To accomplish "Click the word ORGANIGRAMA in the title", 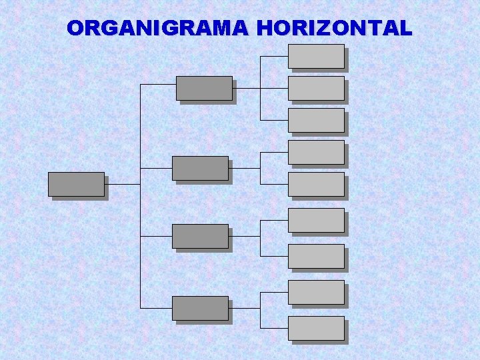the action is [x=158, y=29].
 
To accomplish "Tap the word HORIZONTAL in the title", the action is [x=334, y=29].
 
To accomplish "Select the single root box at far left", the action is [x=76, y=184].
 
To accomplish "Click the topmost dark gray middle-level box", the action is [x=204, y=88].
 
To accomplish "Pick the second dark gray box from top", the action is [x=200, y=168].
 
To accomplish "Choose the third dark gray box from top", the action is [x=200, y=236].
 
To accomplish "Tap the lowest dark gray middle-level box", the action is [x=200, y=308].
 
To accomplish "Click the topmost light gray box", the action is [x=316, y=56].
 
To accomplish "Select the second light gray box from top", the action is [x=316, y=88].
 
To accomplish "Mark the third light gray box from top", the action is [x=316, y=120].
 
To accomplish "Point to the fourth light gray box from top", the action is [x=316, y=152].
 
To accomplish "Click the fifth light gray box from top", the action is [x=316, y=184].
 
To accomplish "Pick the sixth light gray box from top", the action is [x=316, y=220].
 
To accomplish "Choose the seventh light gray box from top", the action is [x=316, y=256].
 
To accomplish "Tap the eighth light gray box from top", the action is [x=316, y=292].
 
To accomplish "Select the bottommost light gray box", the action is [x=316, y=328].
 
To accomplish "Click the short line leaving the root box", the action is [x=123, y=184].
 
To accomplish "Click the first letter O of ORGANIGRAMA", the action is [x=76, y=29].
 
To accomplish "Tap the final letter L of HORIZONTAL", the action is [x=405, y=29].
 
